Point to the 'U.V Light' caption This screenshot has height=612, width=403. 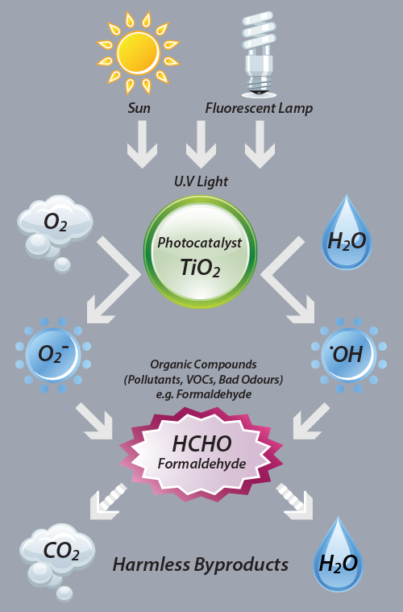point(201,181)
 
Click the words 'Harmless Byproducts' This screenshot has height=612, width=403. point(201,564)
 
